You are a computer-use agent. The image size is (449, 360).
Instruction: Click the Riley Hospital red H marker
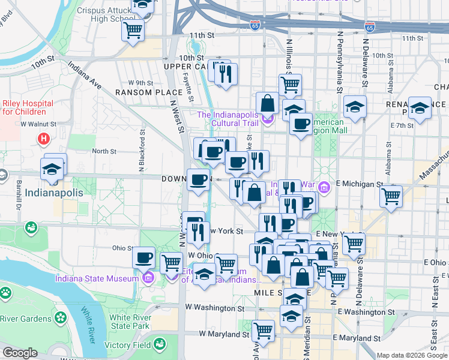pos(43,139)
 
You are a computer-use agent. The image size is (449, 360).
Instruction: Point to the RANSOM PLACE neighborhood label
pos(148,92)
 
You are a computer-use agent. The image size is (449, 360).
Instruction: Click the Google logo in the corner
pos(20,353)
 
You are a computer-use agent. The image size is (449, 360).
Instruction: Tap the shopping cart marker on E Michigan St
pos(391,195)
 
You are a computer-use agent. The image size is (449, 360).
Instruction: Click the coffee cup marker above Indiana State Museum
pos(143,258)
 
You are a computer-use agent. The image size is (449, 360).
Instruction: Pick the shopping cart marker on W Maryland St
pos(264,329)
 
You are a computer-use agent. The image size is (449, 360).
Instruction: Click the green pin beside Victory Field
pos(160,344)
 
